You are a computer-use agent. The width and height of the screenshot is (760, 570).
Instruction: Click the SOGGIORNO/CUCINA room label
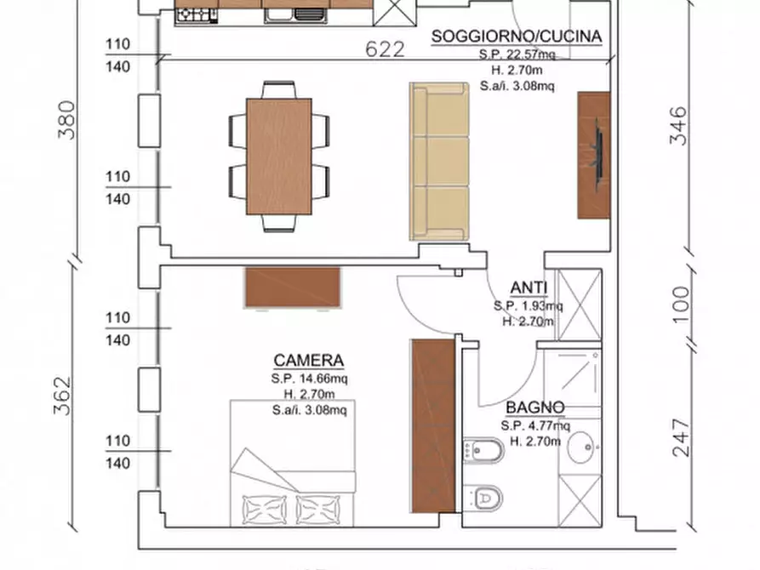click(x=517, y=37)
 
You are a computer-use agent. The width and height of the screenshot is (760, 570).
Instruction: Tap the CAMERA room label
click(x=309, y=361)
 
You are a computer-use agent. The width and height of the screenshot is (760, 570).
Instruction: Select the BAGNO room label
click(x=535, y=408)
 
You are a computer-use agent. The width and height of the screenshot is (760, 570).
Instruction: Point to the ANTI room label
click(x=529, y=288)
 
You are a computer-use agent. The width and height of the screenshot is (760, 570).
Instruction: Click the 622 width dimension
click(x=385, y=49)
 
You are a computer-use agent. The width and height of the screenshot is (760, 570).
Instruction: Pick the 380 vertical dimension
click(x=67, y=120)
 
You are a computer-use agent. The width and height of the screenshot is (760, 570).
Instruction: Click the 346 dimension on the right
click(x=678, y=126)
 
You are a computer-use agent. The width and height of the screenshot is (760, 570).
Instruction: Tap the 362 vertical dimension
click(x=62, y=396)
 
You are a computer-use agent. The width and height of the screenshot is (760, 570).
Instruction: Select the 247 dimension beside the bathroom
click(x=681, y=438)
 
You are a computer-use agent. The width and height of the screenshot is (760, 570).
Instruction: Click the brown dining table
click(x=279, y=157)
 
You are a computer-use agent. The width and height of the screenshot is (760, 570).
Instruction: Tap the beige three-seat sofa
click(x=439, y=162)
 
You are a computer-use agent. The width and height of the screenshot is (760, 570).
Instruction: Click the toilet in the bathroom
click(x=483, y=498)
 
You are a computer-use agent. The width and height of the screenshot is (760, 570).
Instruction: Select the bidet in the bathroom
click(x=483, y=451)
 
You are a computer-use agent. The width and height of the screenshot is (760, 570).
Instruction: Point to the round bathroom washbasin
click(x=581, y=447)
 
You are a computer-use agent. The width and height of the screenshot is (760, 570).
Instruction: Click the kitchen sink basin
click(x=278, y=15)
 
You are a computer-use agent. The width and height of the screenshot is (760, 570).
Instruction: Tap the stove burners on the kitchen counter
click(x=197, y=15)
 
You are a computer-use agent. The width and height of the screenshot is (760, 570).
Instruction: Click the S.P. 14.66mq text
click(x=309, y=379)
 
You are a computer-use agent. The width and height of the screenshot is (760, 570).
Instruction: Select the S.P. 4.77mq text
click(x=535, y=426)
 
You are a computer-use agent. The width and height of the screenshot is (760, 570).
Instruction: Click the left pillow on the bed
click(x=264, y=510)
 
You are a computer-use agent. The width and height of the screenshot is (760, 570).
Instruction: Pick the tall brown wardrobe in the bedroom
click(x=433, y=426)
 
